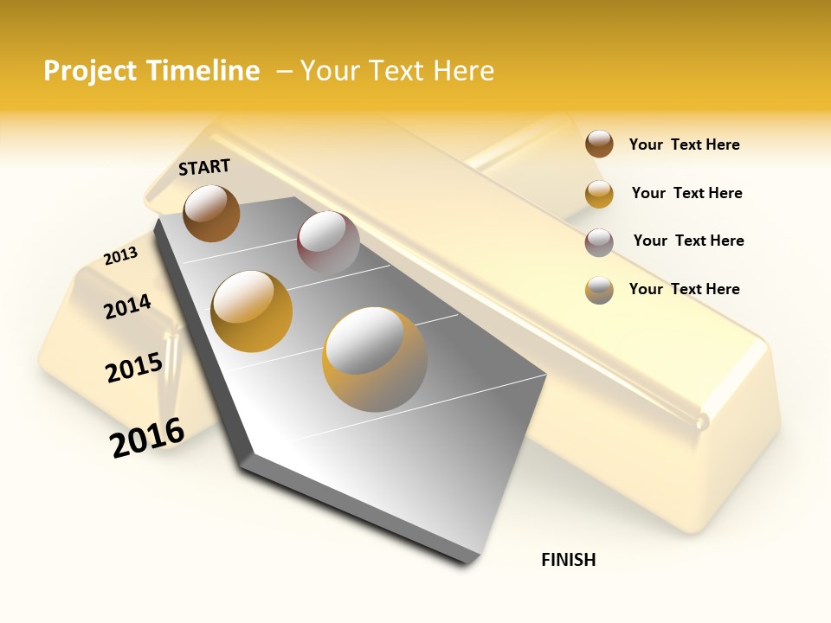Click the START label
point(204,167)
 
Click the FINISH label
point(569,560)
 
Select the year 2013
point(120,256)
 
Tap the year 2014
point(127,306)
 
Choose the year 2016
point(147,437)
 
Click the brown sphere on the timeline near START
point(211,213)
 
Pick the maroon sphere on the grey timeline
point(328,242)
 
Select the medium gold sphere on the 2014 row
point(252,311)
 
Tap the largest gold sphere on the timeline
point(375,359)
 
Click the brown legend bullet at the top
point(599,145)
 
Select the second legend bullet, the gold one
point(599,194)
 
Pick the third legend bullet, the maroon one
point(599,242)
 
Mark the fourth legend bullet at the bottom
point(599,290)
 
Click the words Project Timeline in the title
point(151,71)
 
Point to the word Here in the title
point(461,71)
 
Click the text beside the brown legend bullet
point(684,145)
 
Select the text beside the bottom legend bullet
point(684,289)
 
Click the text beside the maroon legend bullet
point(688,241)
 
